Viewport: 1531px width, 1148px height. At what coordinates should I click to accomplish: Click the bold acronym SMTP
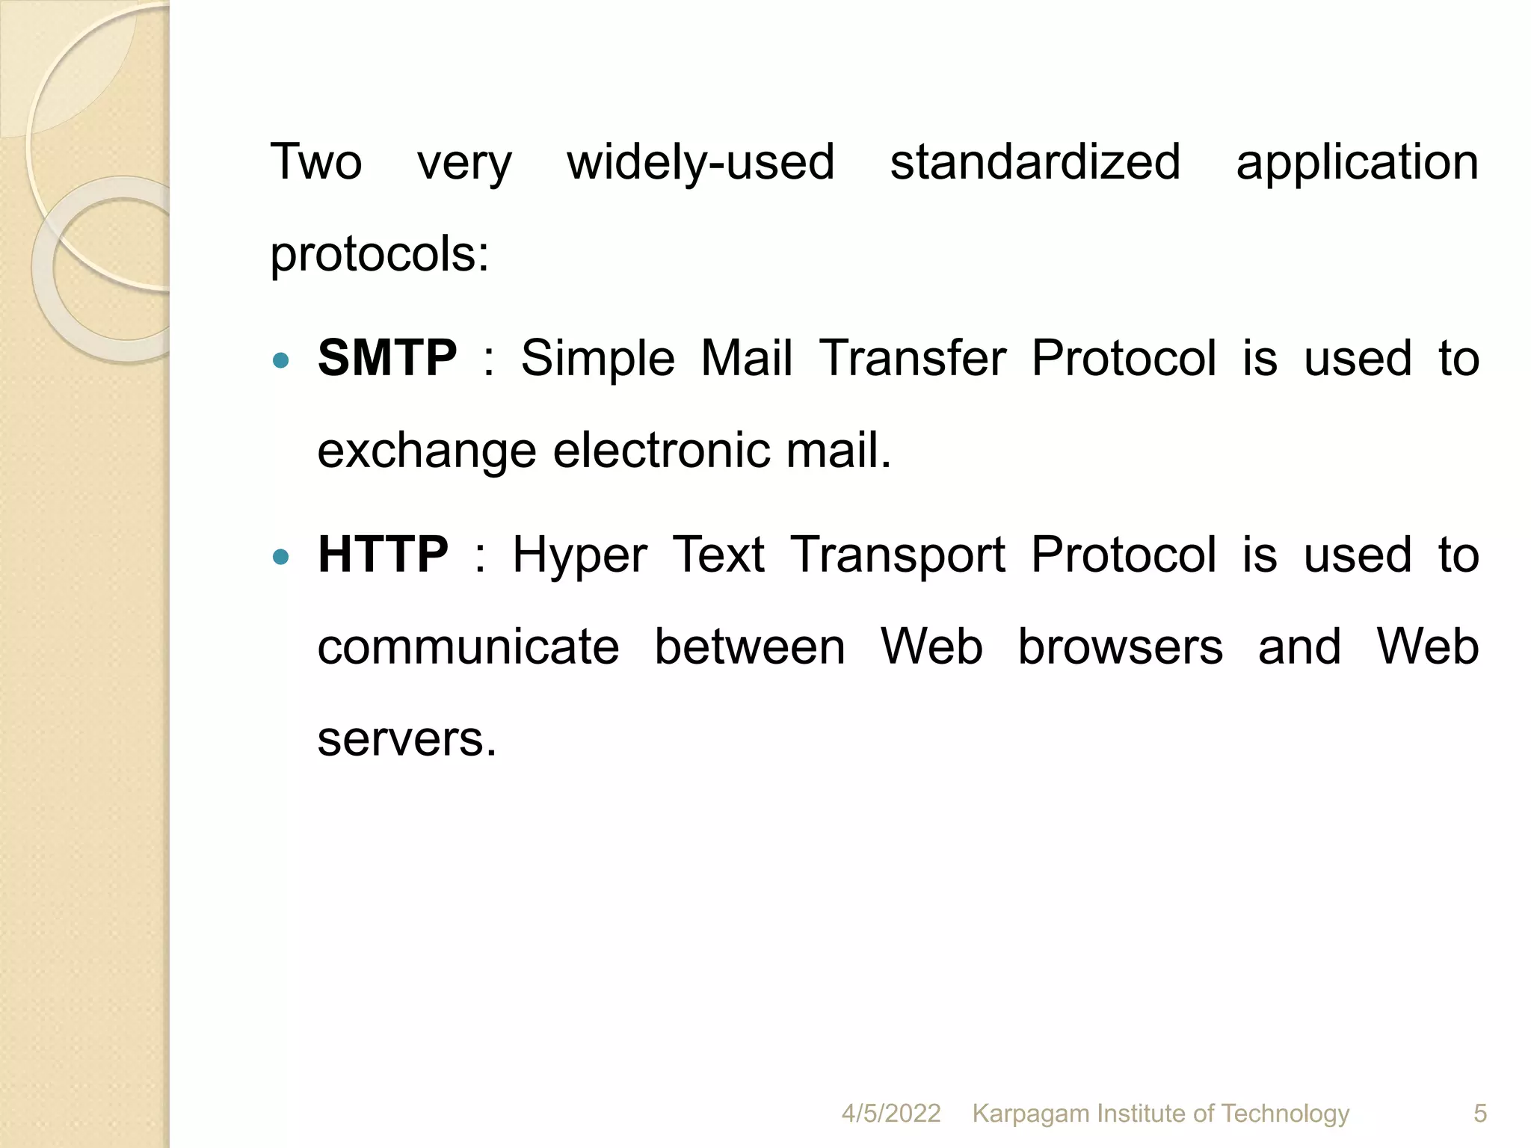[386, 358]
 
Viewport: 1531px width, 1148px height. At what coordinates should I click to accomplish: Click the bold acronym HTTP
[383, 555]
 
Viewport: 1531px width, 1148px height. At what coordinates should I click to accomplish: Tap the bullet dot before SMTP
[281, 361]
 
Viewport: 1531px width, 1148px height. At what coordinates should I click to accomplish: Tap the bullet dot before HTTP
[281, 557]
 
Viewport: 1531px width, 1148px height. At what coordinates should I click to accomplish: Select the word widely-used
[700, 163]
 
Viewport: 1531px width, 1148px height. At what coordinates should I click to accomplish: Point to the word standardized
[1035, 163]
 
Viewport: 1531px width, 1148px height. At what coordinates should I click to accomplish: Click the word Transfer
[912, 358]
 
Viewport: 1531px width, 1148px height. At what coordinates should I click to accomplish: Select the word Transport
[898, 556]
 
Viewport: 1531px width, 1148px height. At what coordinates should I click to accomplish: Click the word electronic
[661, 451]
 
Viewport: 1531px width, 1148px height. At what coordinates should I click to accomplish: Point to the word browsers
[1120, 646]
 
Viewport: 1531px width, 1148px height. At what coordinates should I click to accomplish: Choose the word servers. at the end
[407, 739]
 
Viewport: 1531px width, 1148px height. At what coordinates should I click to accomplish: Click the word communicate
[468, 647]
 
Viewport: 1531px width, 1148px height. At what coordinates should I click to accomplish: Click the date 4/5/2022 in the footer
[890, 1114]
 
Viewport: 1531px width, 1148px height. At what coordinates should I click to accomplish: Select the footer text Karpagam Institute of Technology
[1160, 1114]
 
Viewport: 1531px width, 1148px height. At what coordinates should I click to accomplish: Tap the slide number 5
[1479, 1114]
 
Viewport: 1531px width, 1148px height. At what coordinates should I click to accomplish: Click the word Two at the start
[315, 163]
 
